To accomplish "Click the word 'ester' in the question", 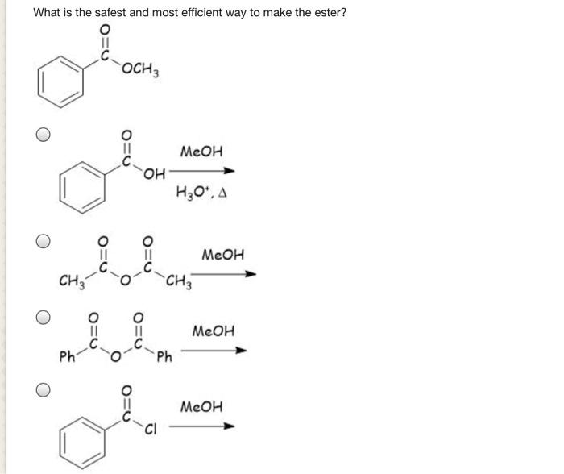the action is point(326,13).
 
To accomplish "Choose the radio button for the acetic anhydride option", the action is point(45,240).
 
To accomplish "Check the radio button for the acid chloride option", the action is point(45,389).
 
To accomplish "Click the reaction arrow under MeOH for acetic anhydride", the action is point(226,275).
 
